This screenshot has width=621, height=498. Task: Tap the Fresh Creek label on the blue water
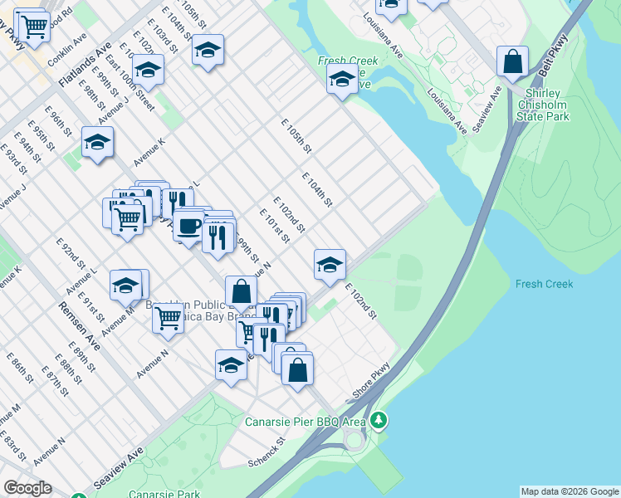pyautogui.click(x=544, y=285)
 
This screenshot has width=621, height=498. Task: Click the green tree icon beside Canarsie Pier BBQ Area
pyautogui.click(x=379, y=421)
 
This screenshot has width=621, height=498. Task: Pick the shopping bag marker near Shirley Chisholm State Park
pyautogui.click(x=513, y=62)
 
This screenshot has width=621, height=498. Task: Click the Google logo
pyautogui.click(x=27, y=488)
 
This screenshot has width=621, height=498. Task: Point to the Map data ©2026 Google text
pyautogui.click(x=570, y=491)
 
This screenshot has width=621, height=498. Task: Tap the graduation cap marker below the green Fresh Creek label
pyautogui.click(x=342, y=81)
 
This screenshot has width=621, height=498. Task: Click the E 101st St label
pyautogui.click(x=274, y=226)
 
